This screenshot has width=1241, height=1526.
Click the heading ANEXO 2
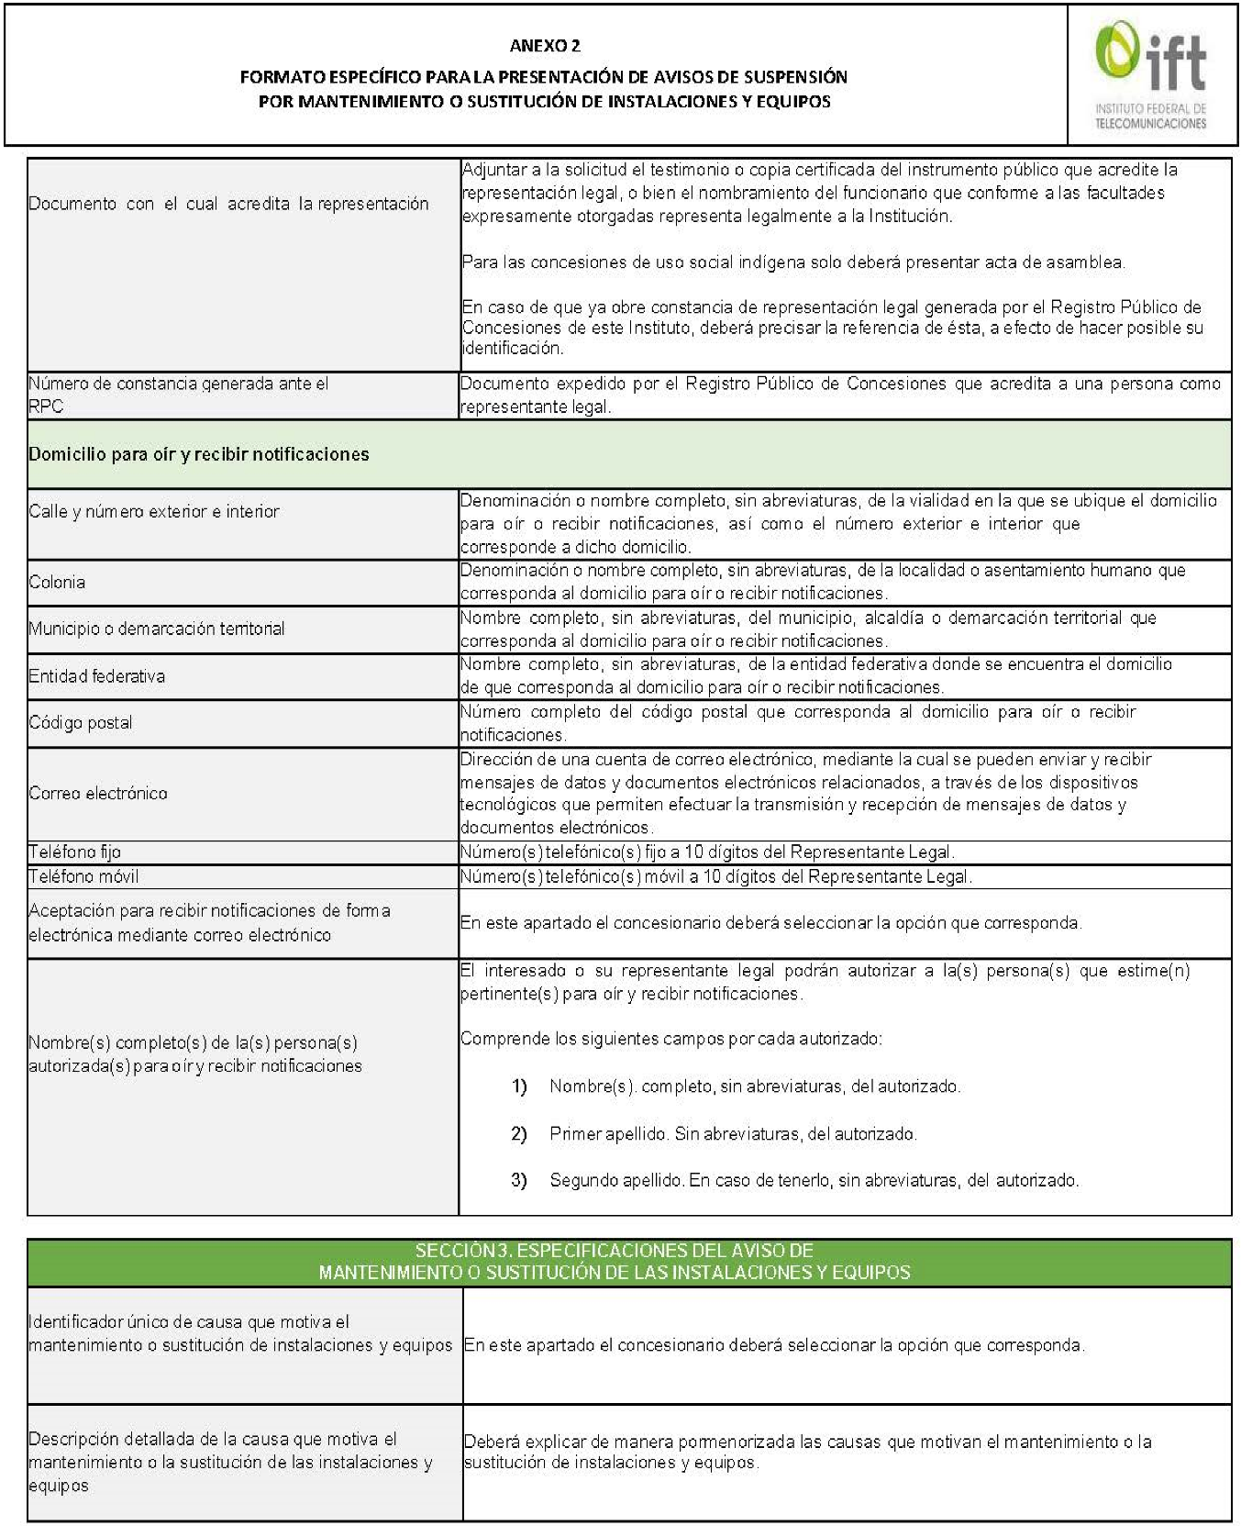pyautogui.click(x=545, y=46)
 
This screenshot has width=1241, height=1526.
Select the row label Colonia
pyautogui.click(x=57, y=582)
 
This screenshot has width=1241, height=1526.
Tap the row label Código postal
pyautogui.click(x=81, y=723)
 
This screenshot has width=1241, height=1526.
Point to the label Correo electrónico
pyautogui.click(x=98, y=793)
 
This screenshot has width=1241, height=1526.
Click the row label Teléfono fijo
pyautogui.click(x=74, y=852)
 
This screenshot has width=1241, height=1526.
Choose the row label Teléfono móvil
pyautogui.click(x=83, y=876)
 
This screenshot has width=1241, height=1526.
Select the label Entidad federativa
pyautogui.click(x=97, y=676)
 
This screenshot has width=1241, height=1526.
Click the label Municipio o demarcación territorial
pyautogui.click(x=157, y=629)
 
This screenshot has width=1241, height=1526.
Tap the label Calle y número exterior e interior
pyautogui.click(x=154, y=512)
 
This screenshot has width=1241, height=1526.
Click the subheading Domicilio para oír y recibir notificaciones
pyautogui.click(x=199, y=454)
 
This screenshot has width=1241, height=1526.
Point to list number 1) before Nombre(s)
pyautogui.click(x=519, y=1086)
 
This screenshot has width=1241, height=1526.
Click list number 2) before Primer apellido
pyautogui.click(x=519, y=1134)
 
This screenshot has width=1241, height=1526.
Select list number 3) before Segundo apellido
pyautogui.click(x=519, y=1180)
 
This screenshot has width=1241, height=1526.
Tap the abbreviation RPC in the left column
pyautogui.click(x=46, y=407)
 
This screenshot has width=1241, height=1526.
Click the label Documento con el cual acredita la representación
pyautogui.click(x=228, y=204)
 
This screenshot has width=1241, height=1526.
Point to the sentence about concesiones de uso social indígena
pyautogui.click(x=793, y=262)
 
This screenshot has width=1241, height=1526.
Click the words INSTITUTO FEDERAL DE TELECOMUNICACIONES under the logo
pyautogui.click(x=1151, y=117)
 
